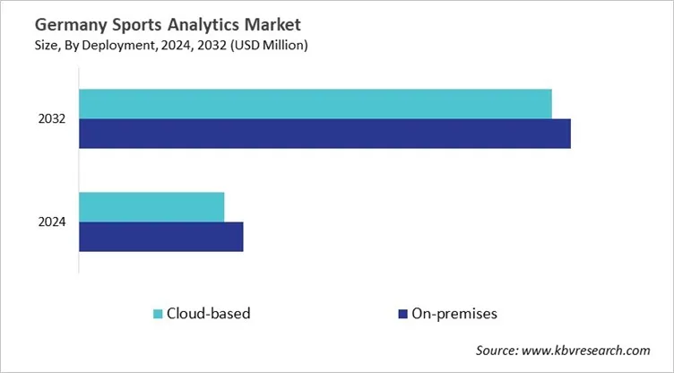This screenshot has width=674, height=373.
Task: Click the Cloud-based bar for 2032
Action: coord(315,103)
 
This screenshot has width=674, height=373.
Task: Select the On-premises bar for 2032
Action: coord(324,133)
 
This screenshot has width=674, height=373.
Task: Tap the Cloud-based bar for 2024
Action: coord(151,206)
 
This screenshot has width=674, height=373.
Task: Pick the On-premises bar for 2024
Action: coord(161,237)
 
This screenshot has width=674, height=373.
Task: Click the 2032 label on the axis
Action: coord(52,118)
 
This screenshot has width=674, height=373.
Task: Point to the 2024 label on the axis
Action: coord(52,222)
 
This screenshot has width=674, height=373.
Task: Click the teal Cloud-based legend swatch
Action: coord(158,314)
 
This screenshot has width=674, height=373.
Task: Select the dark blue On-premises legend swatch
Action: coord(402,314)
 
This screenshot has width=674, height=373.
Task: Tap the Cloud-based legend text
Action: coord(208,314)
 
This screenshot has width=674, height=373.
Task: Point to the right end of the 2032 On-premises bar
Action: coord(568,133)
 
